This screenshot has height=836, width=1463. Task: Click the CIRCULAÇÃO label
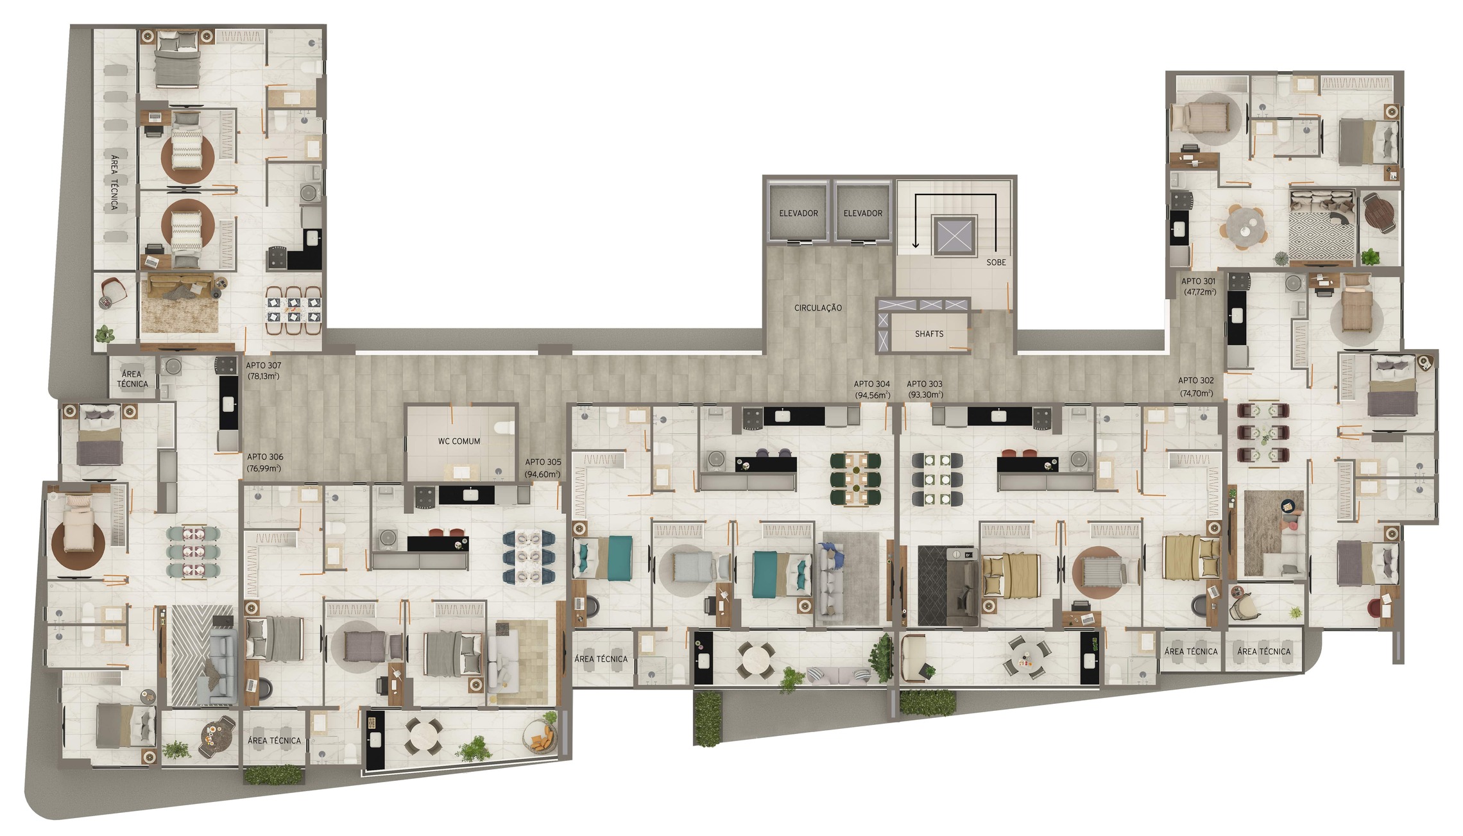pyautogui.click(x=817, y=308)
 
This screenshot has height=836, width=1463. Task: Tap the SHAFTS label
pyautogui.click(x=929, y=334)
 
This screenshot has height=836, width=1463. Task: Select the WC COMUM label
pyautogui.click(x=459, y=441)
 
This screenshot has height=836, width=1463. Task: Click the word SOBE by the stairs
pyautogui.click(x=996, y=262)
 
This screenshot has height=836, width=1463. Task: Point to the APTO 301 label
pyautogui.click(x=1199, y=281)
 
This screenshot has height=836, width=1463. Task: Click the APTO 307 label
pyautogui.click(x=263, y=365)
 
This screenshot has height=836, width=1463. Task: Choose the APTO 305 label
pyautogui.click(x=543, y=462)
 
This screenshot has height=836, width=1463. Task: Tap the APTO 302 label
pyautogui.click(x=1195, y=380)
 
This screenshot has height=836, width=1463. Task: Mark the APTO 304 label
pyautogui.click(x=871, y=384)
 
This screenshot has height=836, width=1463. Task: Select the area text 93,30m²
pyautogui.click(x=925, y=395)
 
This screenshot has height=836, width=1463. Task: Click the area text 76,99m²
pyautogui.click(x=264, y=468)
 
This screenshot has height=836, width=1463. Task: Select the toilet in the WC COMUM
pyautogui.click(x=506, y=428)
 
